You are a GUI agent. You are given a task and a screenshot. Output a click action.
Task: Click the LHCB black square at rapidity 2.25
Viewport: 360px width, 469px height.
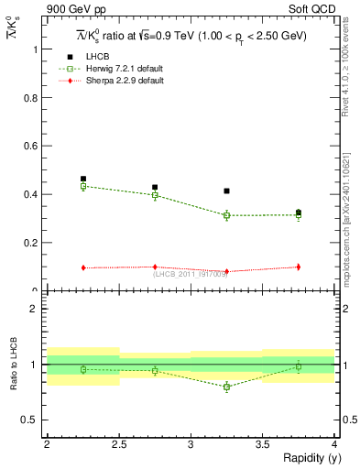point(83,180)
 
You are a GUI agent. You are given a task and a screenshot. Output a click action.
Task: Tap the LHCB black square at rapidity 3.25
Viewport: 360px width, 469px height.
point(226,191)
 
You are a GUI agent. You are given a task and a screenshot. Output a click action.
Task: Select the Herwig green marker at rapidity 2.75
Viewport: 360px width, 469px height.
point(155,195)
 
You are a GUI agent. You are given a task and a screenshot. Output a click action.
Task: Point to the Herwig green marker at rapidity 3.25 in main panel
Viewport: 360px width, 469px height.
point(226,215)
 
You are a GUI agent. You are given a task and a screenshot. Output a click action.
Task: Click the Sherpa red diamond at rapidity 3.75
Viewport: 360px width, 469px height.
point(299,267)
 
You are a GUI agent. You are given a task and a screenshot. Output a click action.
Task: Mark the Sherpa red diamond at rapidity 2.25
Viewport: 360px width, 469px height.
point(83,267)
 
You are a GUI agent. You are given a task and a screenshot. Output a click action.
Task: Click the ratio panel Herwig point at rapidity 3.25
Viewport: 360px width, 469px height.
point(226,387)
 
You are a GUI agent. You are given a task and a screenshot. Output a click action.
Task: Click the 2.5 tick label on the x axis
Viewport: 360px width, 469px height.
point(119,444)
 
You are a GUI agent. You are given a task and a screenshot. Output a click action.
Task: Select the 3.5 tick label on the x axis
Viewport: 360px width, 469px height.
point(263,444)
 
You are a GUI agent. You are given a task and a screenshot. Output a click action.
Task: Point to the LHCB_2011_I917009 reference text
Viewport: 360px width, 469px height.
point(190,274)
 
